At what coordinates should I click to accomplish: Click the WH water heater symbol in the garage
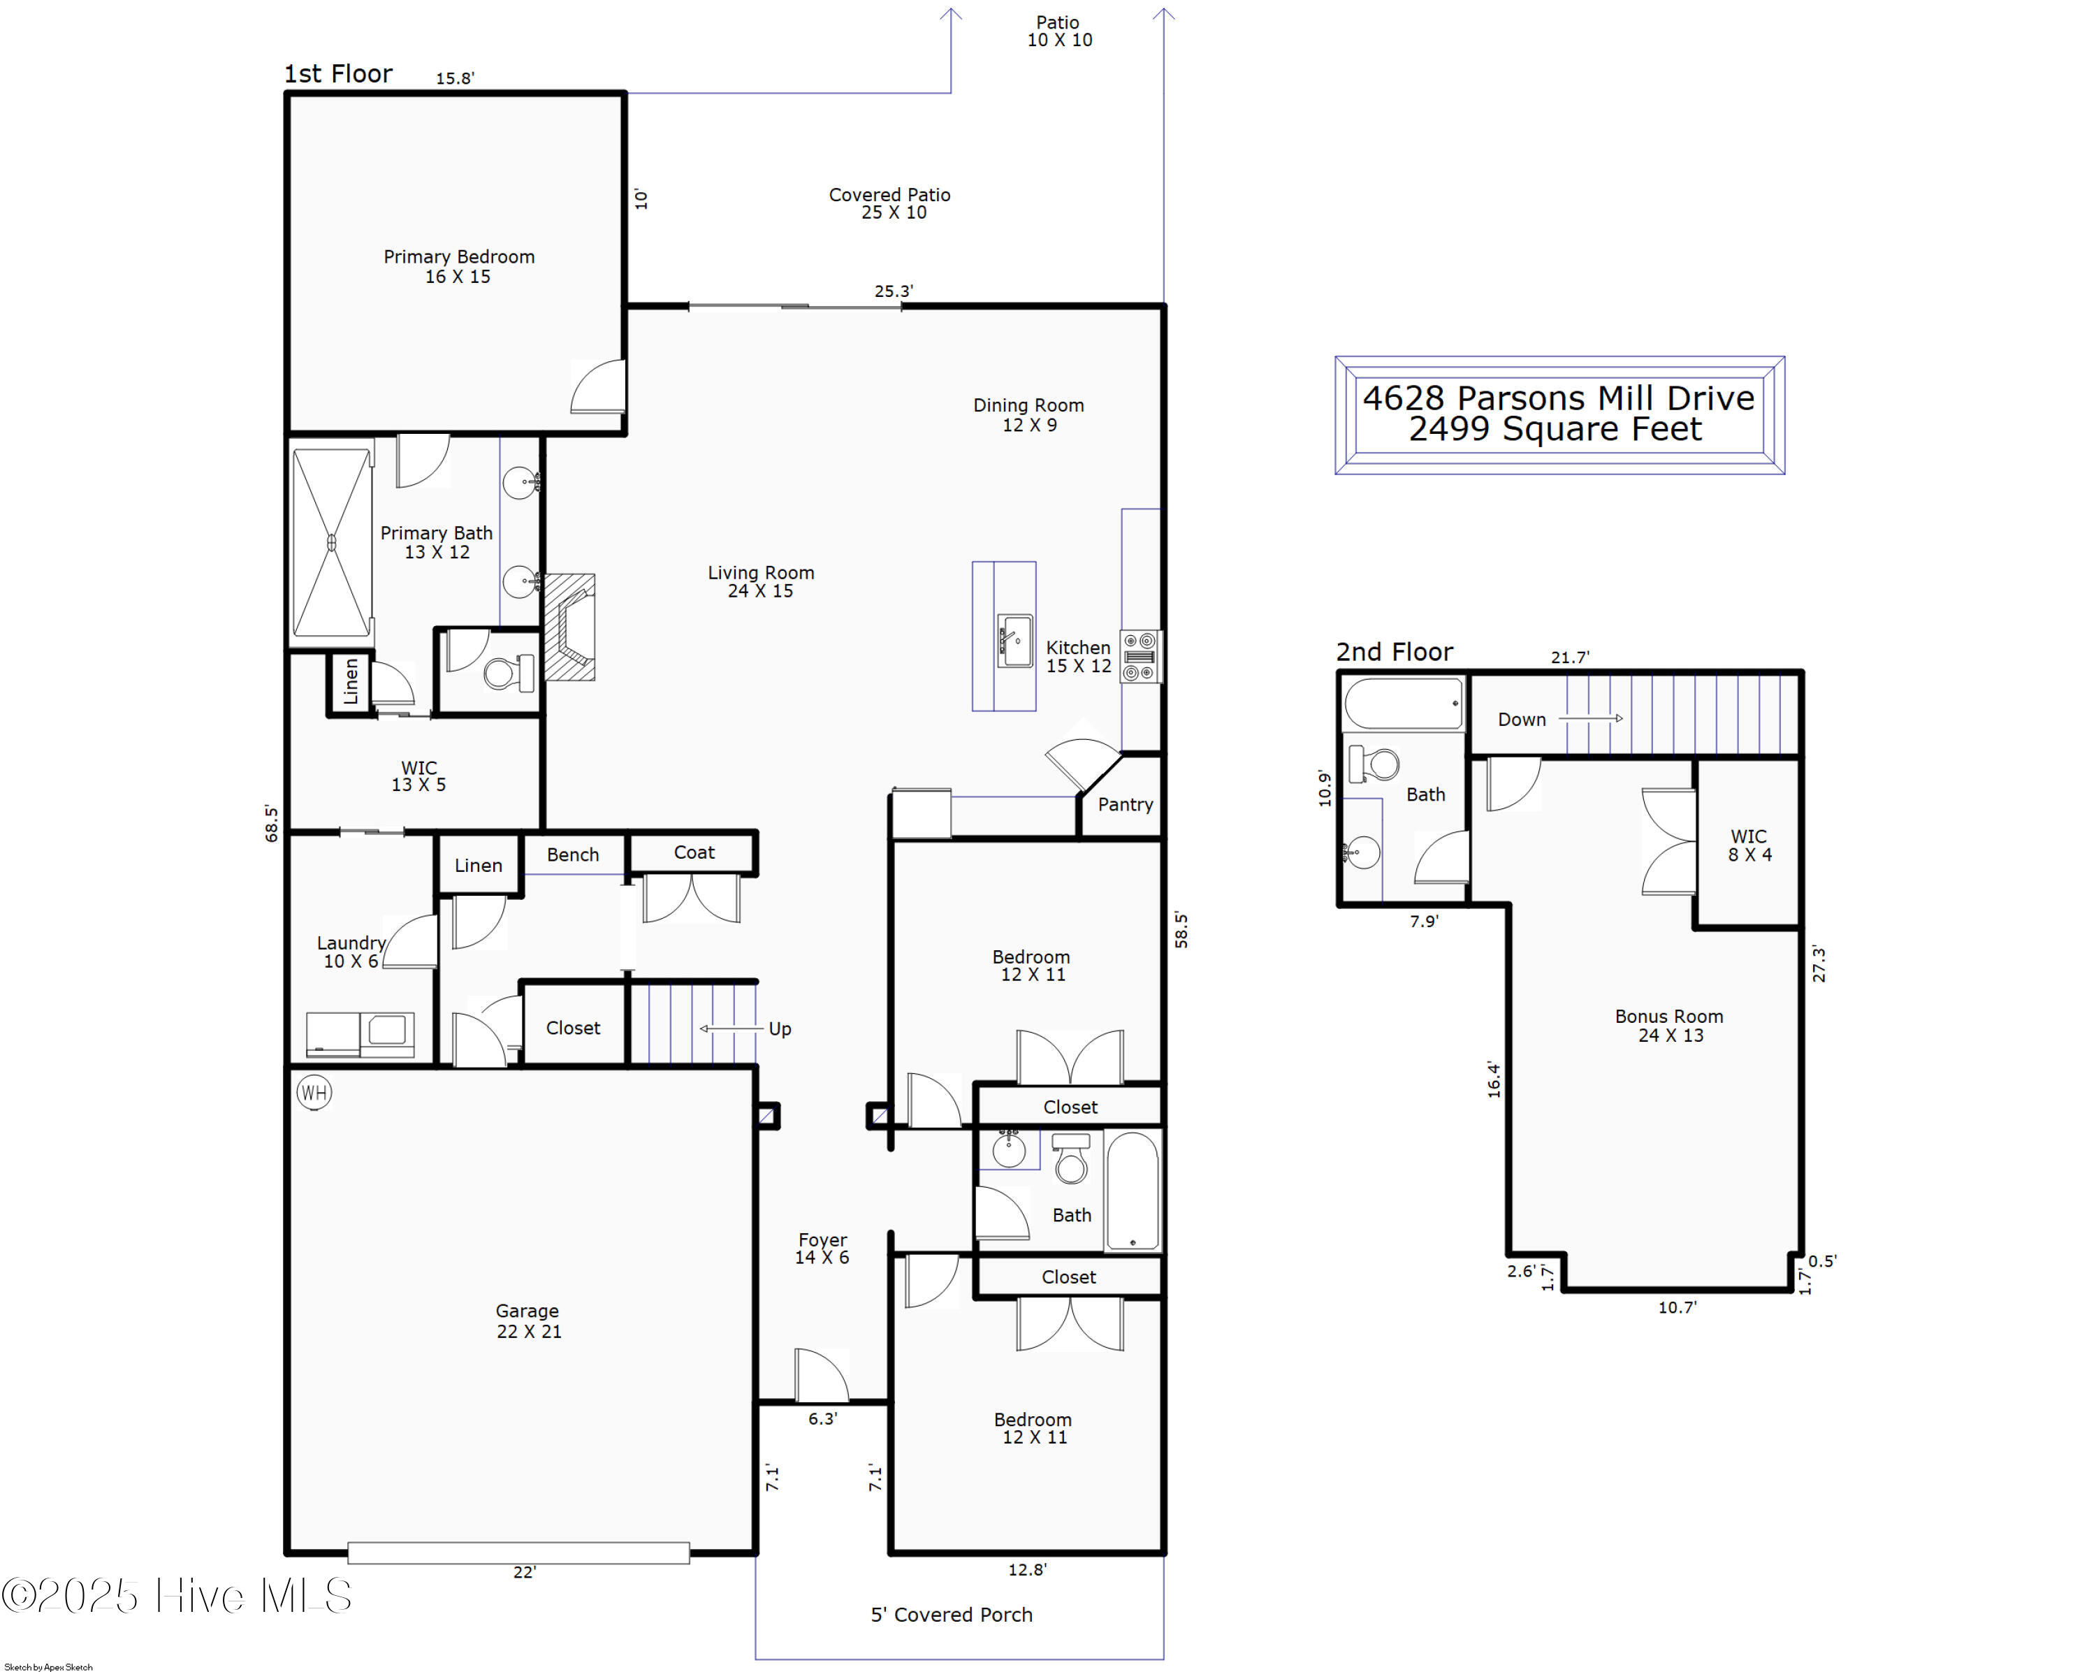click(x=313, y=1093)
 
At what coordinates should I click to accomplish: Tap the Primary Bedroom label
click(x=459, y=256)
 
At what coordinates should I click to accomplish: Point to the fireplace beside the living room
click(x=569, y=627)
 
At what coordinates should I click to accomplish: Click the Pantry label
click(x=1125, y=804)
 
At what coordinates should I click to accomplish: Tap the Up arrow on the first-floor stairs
click(x=731, y=1028)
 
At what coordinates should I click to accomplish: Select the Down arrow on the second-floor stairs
click(x=1590, y=718)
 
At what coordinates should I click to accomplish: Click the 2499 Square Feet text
click(x=1555, y=429)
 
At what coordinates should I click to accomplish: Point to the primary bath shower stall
click(x=331, y=542)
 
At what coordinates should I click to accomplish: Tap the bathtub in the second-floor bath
click(x=1403, y=703)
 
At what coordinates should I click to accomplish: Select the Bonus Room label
click(x=1669, y=1016)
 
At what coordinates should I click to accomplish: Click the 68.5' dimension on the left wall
click(x=271, y=823)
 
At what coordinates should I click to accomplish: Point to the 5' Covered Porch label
click(x=951, y=1615)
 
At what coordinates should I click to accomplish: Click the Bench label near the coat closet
click(x=573, y=855)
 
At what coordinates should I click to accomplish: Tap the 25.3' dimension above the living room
click(x=894, y=291)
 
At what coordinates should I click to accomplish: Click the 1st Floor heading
click(x=337, y=74)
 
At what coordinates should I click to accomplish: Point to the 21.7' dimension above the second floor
click(x=1570, y=657)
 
